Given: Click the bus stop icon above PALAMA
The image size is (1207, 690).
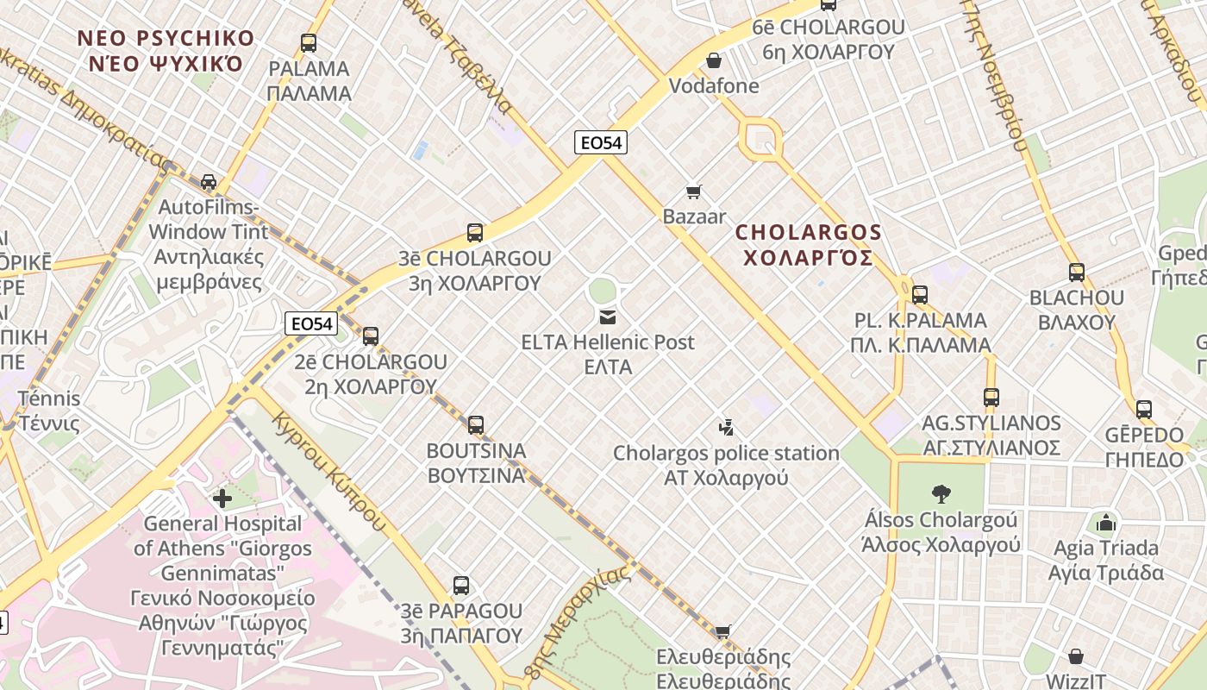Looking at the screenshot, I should click(x=308, y=42).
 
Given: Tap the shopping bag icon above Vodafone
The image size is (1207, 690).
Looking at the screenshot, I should click(x=714, y=60).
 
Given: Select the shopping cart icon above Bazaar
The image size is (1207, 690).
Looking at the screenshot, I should click(x=694, y=191).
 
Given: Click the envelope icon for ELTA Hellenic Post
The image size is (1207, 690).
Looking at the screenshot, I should click(x=608, y=317).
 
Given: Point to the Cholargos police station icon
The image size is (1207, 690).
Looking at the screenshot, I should click(x=726, y=427).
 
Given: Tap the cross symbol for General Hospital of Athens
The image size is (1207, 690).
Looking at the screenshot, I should click(x=222, y=498).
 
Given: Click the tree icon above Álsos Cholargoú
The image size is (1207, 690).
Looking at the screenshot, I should click(x=941, y=494).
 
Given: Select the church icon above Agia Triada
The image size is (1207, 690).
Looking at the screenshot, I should click(x=1105, y=522).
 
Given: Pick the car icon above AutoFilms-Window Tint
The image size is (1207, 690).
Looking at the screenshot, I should click(x=209, y=181).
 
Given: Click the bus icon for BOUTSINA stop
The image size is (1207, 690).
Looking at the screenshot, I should click(x=476, y=424).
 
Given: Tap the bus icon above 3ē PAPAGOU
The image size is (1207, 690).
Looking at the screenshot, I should click(x=461, y=586).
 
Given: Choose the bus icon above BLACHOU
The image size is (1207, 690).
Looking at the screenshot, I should click(x=1077, y=273).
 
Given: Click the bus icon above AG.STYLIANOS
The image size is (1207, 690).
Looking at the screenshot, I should click(x=991, y=398).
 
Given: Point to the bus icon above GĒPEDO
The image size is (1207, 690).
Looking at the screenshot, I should click(x=1144, y=409).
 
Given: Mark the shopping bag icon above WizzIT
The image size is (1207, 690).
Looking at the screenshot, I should click(x=1075, y=657).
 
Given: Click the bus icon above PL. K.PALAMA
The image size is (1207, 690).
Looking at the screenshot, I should click(x=920, y=295).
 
